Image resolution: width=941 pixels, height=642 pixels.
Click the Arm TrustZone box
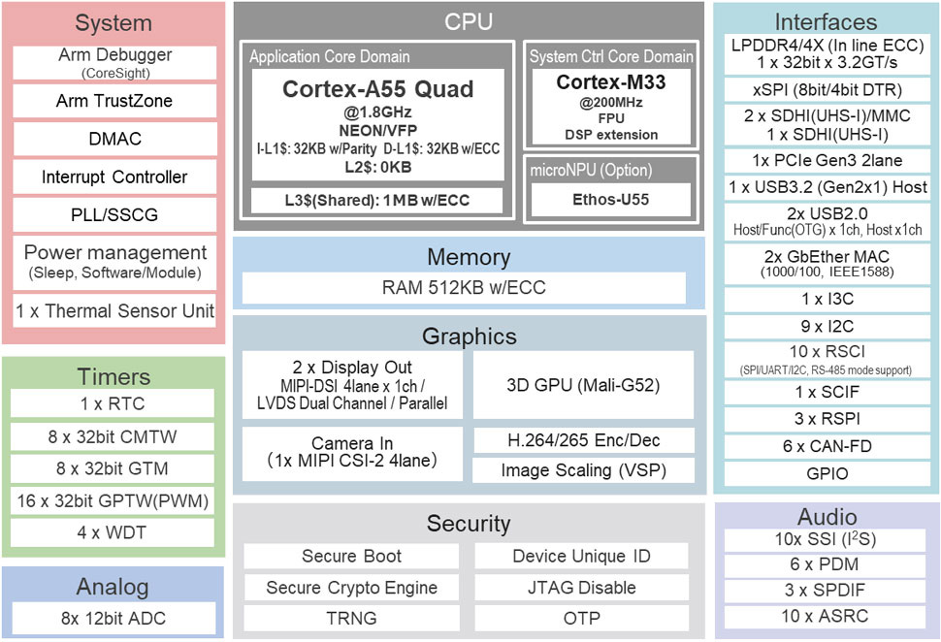point(114,101)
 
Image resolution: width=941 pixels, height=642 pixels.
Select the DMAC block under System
point(114,139)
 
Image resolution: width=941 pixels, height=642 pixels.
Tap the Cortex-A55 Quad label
point(377,89)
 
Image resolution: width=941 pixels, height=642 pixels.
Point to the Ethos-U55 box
point(610,201)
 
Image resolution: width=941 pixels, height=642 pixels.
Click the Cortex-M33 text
point(610,82)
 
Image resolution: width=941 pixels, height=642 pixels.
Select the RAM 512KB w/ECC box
point(464,288)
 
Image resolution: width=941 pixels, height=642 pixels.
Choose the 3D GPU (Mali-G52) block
point(583,385)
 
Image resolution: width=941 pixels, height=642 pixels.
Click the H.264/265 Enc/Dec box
point(583,440)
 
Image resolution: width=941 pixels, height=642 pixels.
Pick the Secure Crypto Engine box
point(351,588)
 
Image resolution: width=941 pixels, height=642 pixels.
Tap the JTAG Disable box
point(581,588)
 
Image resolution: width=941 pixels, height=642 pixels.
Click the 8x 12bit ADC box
point(114,618)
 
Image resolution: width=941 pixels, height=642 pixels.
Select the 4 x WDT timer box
point(114,533)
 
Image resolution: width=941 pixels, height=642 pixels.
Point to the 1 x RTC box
point(114,403)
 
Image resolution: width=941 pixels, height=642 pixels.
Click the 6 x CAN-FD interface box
point(827,446)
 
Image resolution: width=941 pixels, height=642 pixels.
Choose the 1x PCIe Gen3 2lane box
point(827,160)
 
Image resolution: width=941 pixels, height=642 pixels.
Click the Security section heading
point(469,524)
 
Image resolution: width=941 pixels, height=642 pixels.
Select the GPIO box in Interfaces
point(827,473)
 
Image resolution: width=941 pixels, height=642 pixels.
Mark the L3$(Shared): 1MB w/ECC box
point(377,201)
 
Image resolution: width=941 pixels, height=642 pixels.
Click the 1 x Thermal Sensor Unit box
point(114,312)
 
